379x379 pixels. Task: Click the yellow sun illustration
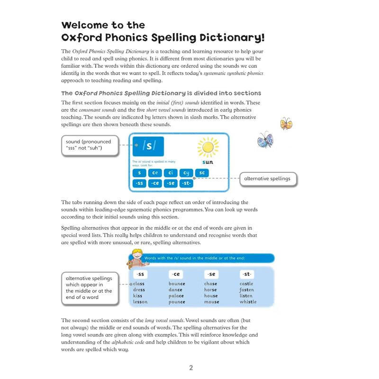point(207,147)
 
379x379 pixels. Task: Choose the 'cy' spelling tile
point(186,173)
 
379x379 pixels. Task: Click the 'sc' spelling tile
point(202,173)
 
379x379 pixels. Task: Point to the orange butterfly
point(286,124)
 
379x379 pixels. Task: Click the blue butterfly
point(265,140)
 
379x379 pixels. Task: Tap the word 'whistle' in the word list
point(248,302)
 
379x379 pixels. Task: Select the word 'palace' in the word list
point(176,296)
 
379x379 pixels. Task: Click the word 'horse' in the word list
point(211,289)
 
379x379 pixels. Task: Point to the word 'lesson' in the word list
point(140,302)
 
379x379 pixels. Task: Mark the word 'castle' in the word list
point(246,284)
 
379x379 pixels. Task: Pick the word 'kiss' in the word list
point(137,296)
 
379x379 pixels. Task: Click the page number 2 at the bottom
point(191,368)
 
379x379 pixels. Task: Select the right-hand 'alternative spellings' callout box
point(267,179)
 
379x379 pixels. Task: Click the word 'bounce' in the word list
point(177,284)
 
